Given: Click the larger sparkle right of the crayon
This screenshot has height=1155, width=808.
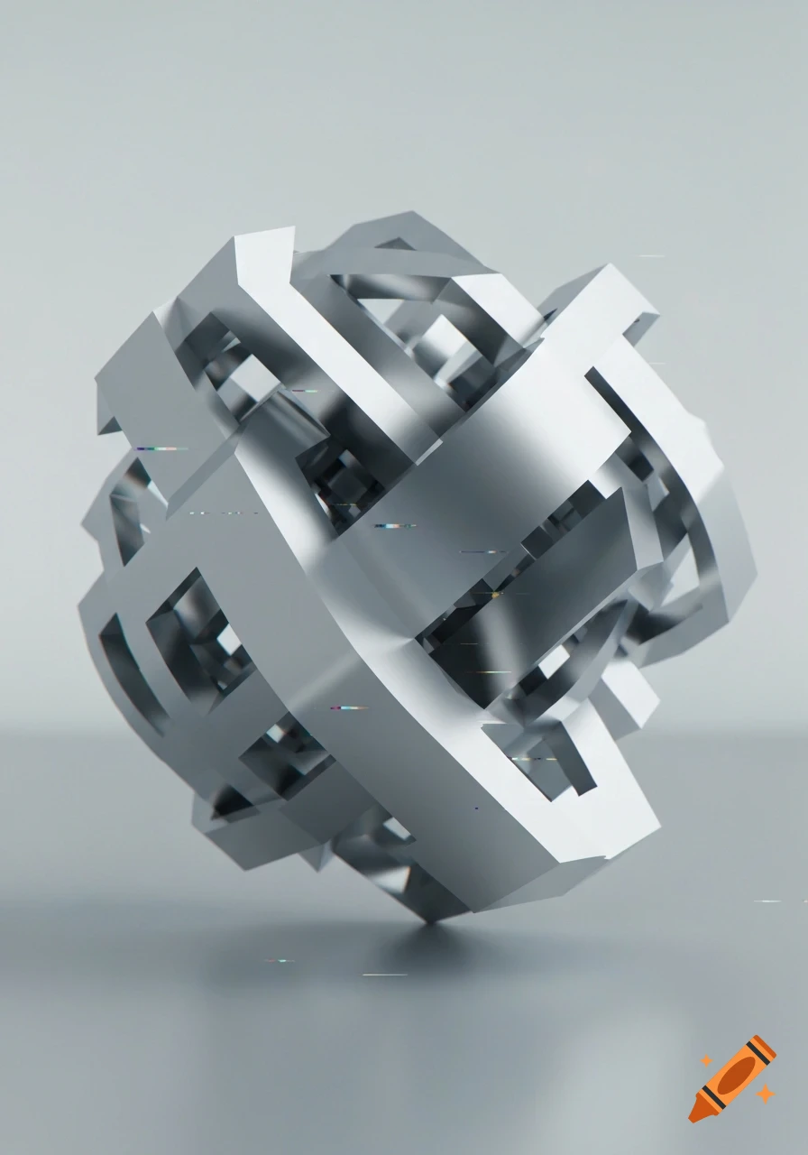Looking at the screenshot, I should (x=766, y=1094).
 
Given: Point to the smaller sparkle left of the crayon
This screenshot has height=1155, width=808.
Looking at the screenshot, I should (x=706, y=1061).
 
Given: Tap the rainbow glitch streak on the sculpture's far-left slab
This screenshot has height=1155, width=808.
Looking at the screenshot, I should (x=162, y=448).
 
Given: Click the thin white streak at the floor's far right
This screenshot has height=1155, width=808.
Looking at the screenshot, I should (x=768, y=901).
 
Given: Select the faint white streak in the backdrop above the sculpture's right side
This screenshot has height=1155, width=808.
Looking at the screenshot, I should (x=651, y=256).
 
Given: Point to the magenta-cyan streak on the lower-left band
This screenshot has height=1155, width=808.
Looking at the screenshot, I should (x=348, y=707).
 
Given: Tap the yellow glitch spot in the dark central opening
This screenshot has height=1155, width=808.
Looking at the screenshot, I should (x=495, y=595).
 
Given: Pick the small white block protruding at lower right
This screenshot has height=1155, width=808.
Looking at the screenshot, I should (x=631, y=695).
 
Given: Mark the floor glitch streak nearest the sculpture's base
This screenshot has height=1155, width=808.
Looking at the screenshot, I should (x=384, y=975).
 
